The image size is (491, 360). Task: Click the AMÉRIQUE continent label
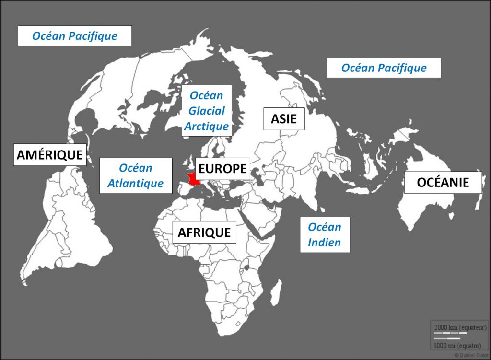click(x=50, y=154)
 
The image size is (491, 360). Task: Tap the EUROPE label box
click(x=222, y=168)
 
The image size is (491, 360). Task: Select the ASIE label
click(x=283, y=118)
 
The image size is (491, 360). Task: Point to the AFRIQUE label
click(x=204, y=232)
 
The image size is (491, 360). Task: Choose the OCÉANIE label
click(x=443, y=182)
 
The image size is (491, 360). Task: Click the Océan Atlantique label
click(x=136, y=175)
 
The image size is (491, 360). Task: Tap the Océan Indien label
click(x=325, y=234)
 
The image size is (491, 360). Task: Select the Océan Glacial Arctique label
click(x=207, y=111)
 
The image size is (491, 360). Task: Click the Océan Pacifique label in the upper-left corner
click(x=74, y=36)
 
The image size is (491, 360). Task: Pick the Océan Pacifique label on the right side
click(x=384, y=68)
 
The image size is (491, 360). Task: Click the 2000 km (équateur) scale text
click(x=457, y=327)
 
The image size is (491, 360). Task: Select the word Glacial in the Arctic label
click(x=207, y=111)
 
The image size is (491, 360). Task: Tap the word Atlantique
click(x=136, y=183)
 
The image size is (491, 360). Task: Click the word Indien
click(x=325, y=242)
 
